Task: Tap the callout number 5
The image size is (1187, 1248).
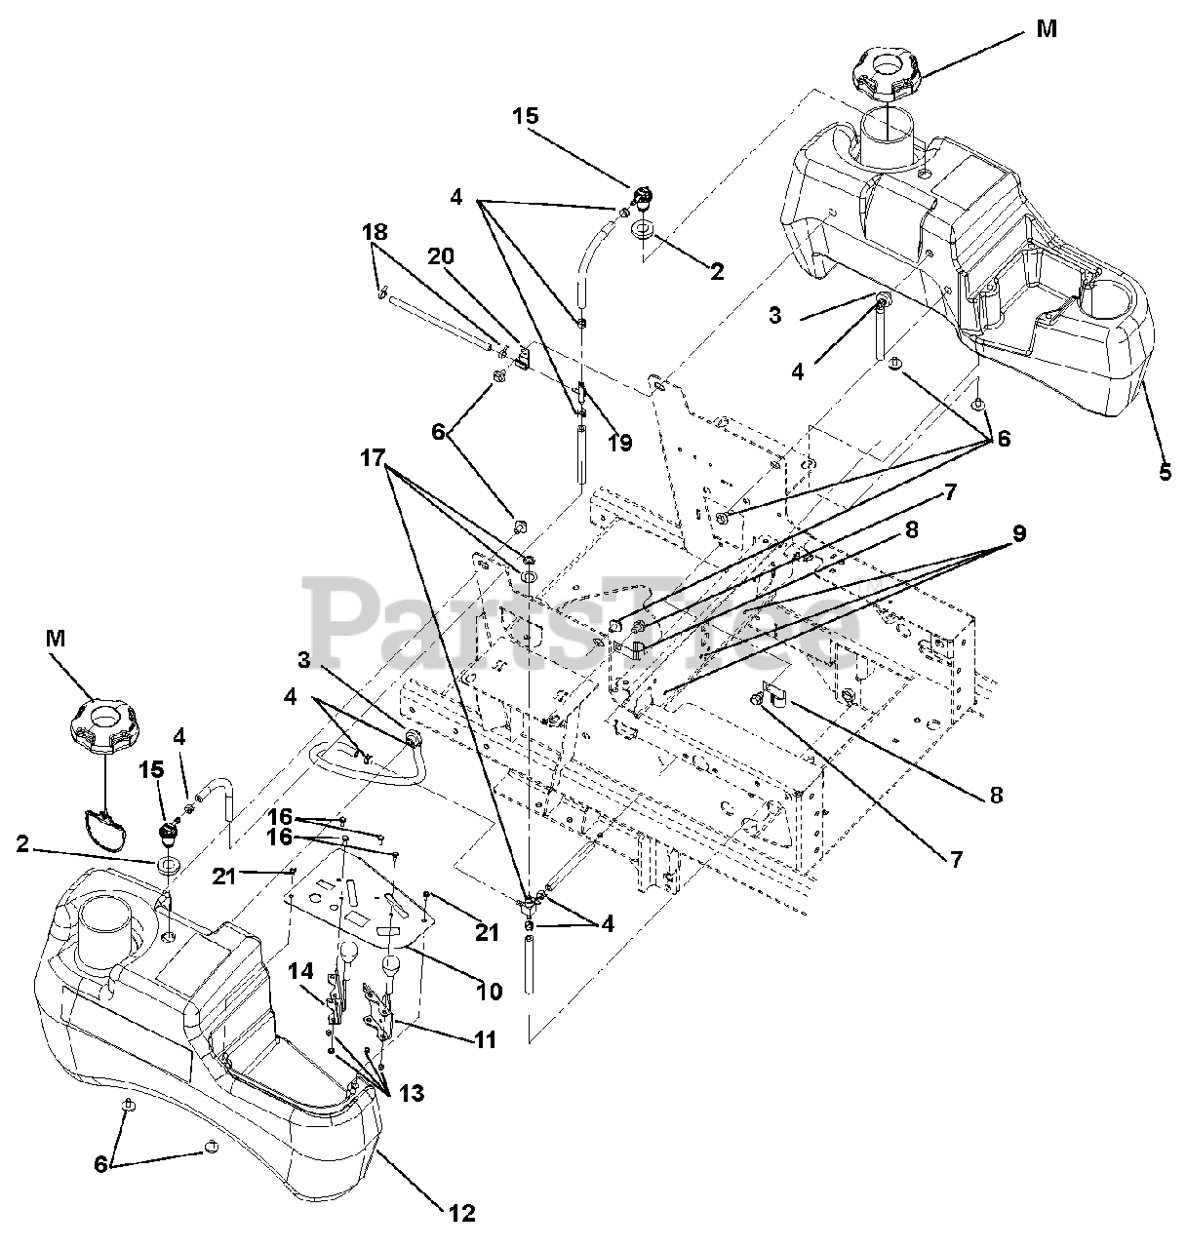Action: [x=1165, y=472]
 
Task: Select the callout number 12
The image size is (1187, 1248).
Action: [x=462, y=1214]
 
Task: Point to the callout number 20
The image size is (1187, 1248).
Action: [x=441, y=256]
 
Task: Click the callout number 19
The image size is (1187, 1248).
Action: [x=620, y=442]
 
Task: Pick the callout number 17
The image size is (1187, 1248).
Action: [x=373, y=457]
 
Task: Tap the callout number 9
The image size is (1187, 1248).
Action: [x=1019, y=533]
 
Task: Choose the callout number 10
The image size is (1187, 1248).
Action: [x=489, y=991]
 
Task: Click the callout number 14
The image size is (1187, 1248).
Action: [x=301, y=971]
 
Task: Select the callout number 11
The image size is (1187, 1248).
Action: [x=486, y=1039]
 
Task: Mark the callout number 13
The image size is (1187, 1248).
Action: [x=413, y=1093]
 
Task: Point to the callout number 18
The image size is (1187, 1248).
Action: [x=375, y=232]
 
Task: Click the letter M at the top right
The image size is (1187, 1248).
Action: [x=1047, y=28]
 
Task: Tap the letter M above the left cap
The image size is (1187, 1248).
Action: [x=56, y=638]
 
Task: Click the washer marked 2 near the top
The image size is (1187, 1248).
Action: [x=644, y=228]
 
